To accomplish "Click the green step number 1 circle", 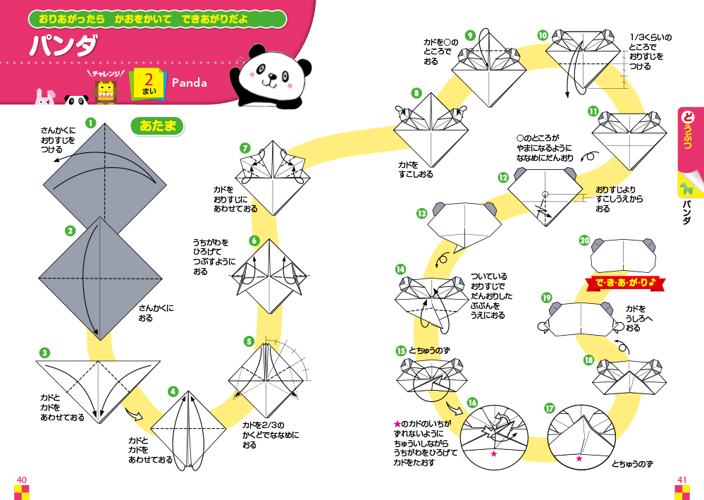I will (90, 123).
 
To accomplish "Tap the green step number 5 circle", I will (249, 341).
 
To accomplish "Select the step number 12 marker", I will (502, 178).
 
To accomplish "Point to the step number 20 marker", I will (584, 240).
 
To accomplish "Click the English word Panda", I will (190, 83).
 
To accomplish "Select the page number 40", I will (21, 480).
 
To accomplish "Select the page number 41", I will (681, 480).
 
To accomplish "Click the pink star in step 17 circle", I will (579, 458).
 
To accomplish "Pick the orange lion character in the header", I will (104, 90).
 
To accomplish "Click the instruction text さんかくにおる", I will (156, 312).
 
